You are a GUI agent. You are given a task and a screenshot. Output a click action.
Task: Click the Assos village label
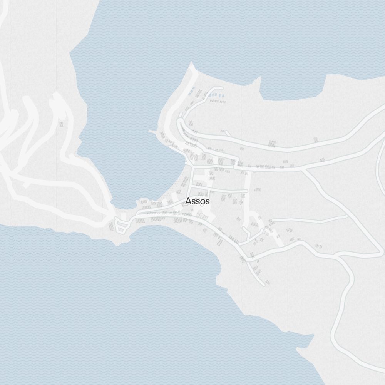tap(198, 201)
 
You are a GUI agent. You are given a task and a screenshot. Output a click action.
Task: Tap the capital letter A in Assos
tap(188, 201)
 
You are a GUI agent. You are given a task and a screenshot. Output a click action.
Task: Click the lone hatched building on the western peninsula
tap(61, 124)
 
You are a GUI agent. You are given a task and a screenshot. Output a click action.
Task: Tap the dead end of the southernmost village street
tap(264, 285)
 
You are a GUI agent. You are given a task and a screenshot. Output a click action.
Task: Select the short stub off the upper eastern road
tap(227, 134)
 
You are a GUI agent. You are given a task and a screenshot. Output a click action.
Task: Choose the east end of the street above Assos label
tap(246, 191)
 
